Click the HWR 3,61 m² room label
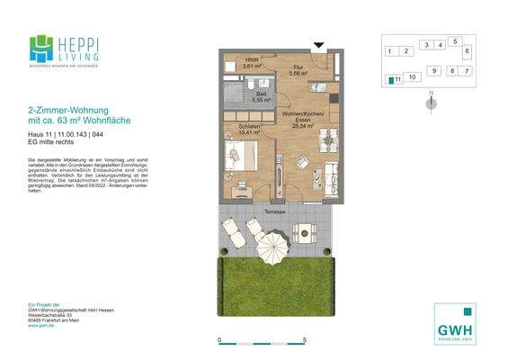(x=252, y=64)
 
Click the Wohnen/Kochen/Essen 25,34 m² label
(x=299, y=122)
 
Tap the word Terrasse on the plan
(x=275, y=212)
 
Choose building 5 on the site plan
(x=456, y=41)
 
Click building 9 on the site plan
(x=433, y=70)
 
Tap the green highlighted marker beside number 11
(x=389, y=80)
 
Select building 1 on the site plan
(x=389, y=51)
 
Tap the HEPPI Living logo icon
(x=40, y=49)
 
